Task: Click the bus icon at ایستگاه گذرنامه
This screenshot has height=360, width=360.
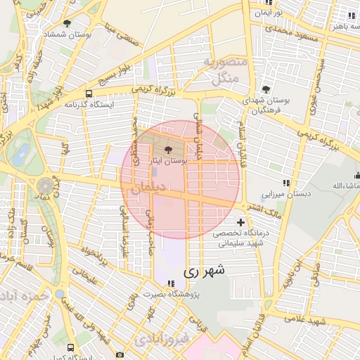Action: coord(89,93)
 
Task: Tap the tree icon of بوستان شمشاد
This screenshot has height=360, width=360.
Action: coord(67,23)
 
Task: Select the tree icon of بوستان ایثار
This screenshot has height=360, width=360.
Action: coord(167,150)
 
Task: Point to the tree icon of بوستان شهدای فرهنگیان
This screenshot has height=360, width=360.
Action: coord(266,89)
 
